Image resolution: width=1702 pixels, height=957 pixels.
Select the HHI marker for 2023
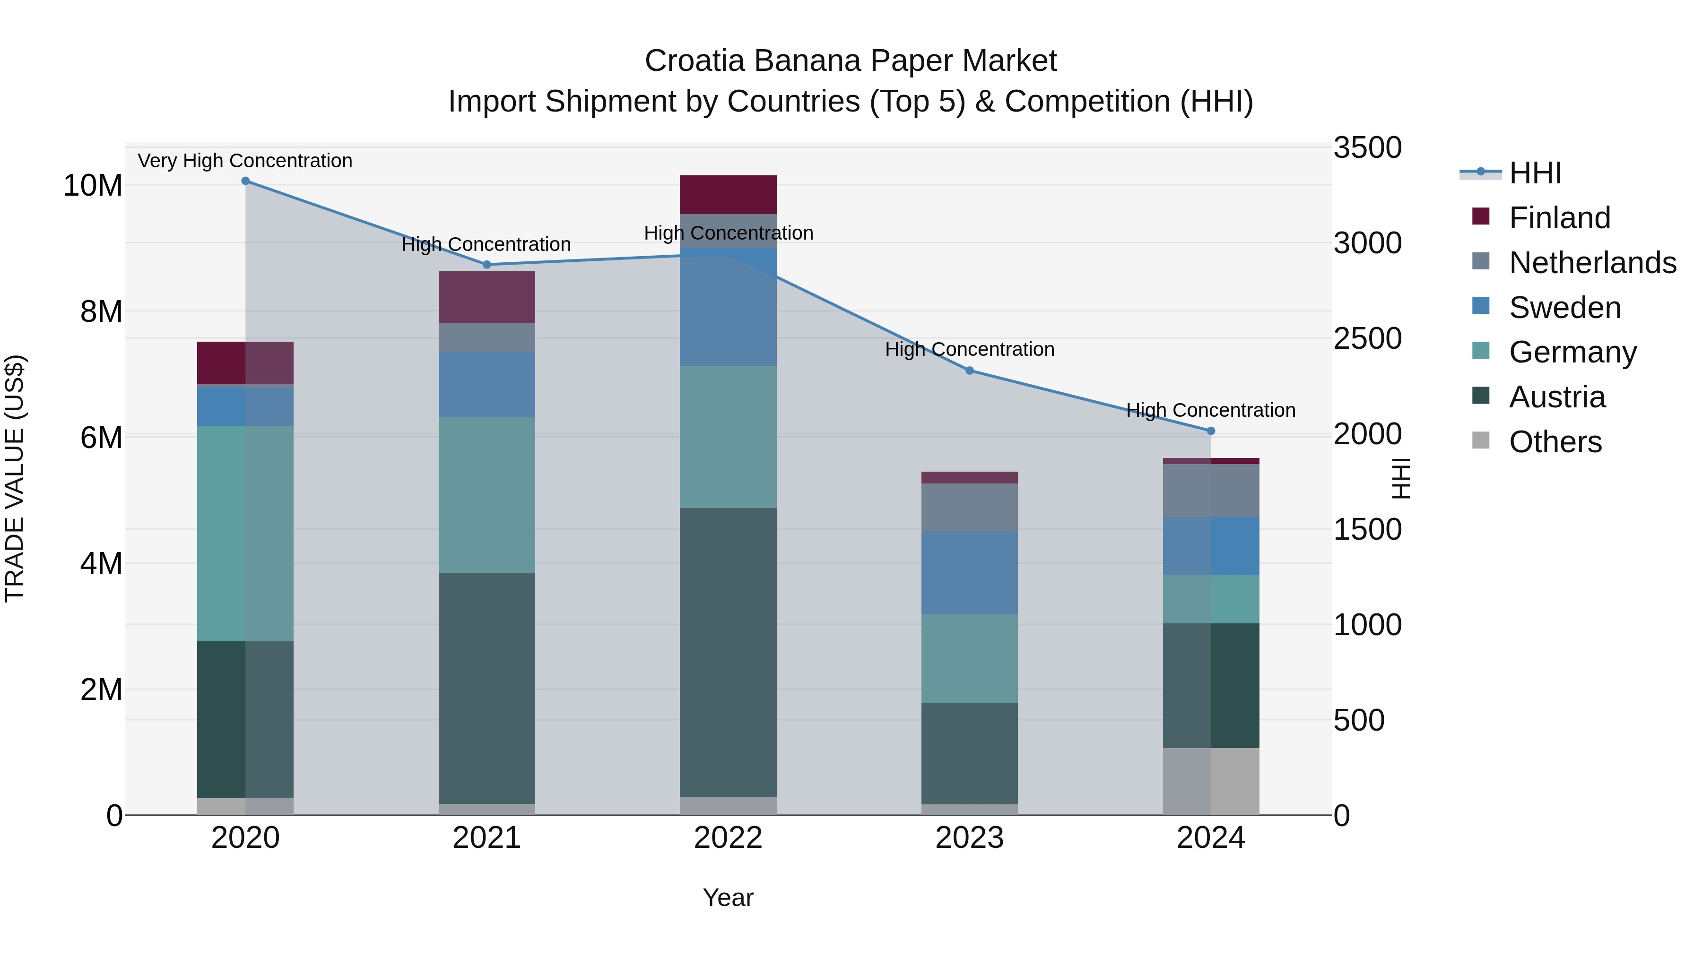(969, 371)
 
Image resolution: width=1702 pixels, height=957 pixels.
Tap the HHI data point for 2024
(1210, 431)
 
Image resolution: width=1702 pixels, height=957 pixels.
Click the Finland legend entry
(1559, 218)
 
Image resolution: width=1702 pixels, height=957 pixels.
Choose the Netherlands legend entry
(1592, 263)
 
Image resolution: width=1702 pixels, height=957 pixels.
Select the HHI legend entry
(1534, 173)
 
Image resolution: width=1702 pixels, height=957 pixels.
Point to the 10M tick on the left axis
(93, 186)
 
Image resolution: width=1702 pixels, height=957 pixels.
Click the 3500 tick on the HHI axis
(1367, 147)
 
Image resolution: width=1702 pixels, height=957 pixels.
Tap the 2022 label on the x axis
(728, 838)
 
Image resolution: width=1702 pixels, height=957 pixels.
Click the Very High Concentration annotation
(245, 161)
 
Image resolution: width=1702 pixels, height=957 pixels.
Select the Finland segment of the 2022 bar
(728, 194)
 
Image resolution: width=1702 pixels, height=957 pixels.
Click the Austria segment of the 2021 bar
(487, 687)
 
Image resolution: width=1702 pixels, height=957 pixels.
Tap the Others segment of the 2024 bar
(1210, 781)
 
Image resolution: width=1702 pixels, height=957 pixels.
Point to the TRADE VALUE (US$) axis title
(15, 478)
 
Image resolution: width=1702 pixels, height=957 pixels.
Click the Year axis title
(728, 897)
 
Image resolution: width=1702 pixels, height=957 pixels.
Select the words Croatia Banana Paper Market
(851, 61)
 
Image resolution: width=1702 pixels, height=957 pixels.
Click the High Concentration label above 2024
(1210, 410)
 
